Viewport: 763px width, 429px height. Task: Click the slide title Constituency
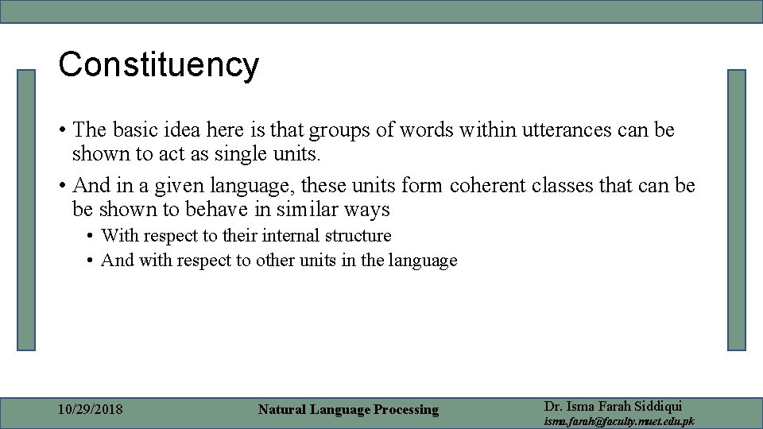158,65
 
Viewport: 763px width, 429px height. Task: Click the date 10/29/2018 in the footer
91,410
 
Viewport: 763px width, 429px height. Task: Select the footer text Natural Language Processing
348,410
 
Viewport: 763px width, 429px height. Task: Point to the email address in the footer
618,421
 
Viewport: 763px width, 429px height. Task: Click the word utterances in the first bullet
565,129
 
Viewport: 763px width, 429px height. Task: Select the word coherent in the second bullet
484,186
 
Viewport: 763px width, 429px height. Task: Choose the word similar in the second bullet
296,210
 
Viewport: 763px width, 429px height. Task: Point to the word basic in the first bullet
132,129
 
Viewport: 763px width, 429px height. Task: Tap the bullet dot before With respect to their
91,237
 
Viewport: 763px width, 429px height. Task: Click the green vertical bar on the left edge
27,210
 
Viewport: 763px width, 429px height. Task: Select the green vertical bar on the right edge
737,210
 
